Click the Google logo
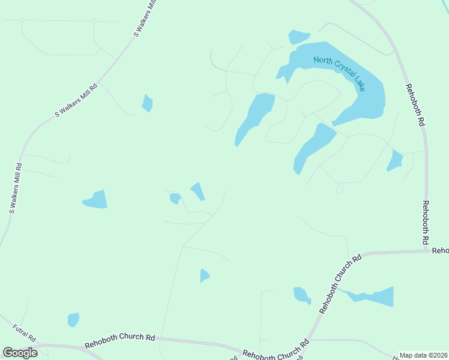point(20,353)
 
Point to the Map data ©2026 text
point(424,355)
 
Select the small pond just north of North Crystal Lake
point(298,37)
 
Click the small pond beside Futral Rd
point(73,320)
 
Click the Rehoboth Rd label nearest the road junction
point(426,221)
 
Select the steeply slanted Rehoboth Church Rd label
point(340,283)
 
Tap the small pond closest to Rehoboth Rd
point(395,161)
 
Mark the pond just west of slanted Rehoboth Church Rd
point(301,295)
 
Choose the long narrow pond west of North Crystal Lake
point(255,118)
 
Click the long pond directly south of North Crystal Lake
point(313,146)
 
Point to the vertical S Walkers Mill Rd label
point(16,188)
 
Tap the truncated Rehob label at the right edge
point(440,250)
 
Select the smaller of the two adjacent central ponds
point(175,198)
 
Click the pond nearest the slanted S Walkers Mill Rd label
point(147,103)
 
